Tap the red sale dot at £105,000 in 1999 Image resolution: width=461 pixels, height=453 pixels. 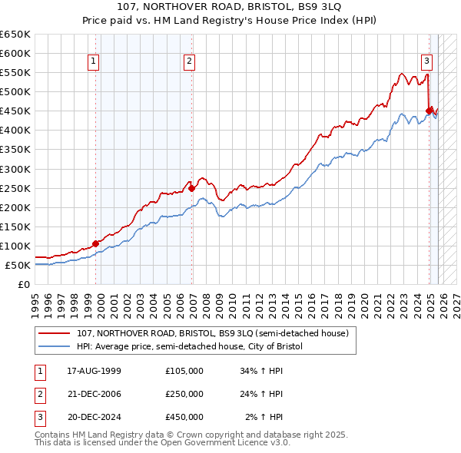(96, 243)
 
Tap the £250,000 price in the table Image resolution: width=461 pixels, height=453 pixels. (184, 394)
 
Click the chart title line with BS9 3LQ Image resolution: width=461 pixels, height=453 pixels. (230, 8)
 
